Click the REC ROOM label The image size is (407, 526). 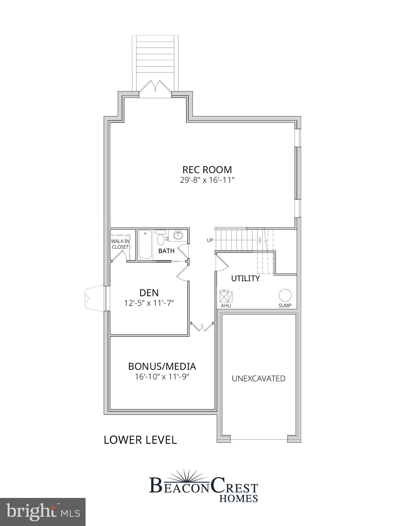pos(207,170)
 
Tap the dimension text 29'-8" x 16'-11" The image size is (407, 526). pos(207,180)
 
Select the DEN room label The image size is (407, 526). pos(149,292)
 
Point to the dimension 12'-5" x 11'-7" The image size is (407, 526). pos(149,303)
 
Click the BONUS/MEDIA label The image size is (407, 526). pos(162,366)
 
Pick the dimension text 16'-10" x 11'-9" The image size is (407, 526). pos(162,377)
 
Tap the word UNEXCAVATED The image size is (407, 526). pos(259,378)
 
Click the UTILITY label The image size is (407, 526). pos(245,278)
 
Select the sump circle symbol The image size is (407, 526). pos(285,295)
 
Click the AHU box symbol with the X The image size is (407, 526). pos(226,296)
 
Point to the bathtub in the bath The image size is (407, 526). pos(145,244)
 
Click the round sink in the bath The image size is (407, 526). pos(178,235)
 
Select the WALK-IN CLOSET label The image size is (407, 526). pos(120,244)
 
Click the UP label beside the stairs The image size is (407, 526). pos(210,240)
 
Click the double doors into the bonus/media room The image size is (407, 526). pos(202,327)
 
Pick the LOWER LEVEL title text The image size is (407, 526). pos(140,440)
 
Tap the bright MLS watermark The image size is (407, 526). pos(43,512)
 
